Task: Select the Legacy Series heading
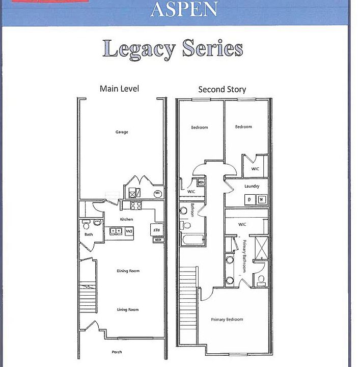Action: click(172, 49)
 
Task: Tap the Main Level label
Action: click(119, 89)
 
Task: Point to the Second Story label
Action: click(222, 89)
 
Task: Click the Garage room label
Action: click(121, 132)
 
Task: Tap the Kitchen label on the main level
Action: click(126, 219)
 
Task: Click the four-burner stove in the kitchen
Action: click(136, 206)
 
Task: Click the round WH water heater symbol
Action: click(157, 193)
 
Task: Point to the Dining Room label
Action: click(128, 271)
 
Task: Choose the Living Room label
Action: click(128, 309)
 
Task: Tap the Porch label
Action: click(117, 352)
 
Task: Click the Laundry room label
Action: click(252, 186)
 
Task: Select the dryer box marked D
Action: click(250, 199)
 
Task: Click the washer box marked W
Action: click(262, 199)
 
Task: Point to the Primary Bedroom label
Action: click(227, 320)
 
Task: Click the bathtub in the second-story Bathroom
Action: click(192, 239)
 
